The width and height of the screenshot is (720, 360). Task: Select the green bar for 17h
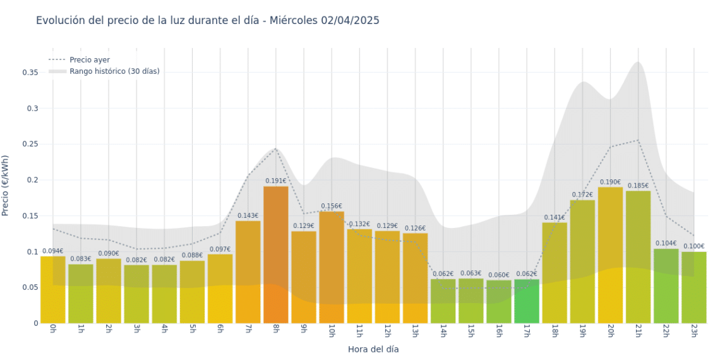[526, 301]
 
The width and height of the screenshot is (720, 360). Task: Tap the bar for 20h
[610, 255]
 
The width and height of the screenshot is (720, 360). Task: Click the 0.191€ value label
[275, 181]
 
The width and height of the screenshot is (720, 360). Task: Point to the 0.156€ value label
[331, 206]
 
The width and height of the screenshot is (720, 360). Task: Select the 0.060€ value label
[498, 275]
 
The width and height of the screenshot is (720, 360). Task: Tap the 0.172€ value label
[582, 195]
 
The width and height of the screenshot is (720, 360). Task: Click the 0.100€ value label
[693, 246]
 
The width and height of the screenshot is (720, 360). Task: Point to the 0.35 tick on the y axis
[30, 73]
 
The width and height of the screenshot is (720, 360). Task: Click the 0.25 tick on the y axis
[30, 144]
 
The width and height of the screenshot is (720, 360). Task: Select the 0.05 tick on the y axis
[30, 287]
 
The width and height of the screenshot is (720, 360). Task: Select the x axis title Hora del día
[373, 349]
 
